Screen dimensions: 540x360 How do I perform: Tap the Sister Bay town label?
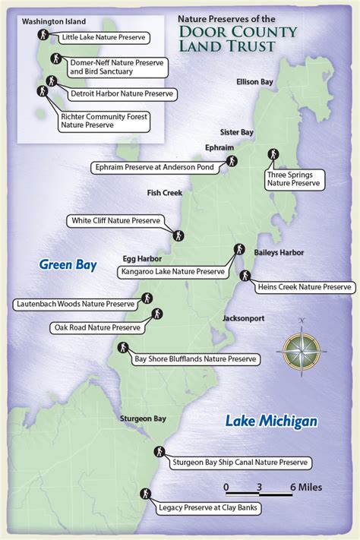pos(236,131)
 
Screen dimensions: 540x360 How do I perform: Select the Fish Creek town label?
pos(165,193)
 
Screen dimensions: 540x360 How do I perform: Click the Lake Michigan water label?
pos(270,421)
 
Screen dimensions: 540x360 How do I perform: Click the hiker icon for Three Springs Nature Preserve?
pos(272,154)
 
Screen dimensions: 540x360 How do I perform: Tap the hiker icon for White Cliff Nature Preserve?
pos(178,234)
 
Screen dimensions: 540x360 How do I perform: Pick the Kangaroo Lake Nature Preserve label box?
pos(172,270)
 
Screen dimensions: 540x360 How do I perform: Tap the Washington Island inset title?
pos(54,22)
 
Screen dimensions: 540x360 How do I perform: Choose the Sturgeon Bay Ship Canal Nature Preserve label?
pos(241,462)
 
